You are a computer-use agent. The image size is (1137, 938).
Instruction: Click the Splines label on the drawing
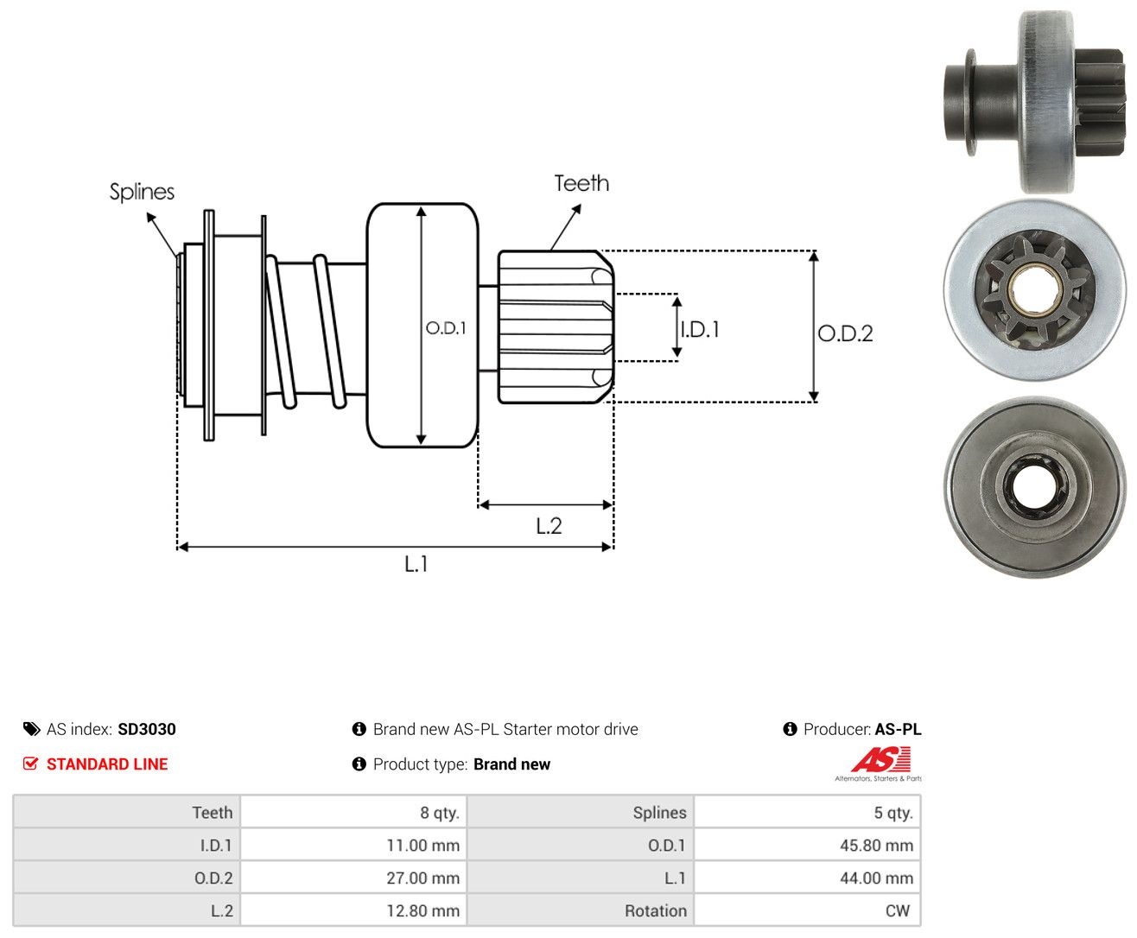pos(142,192)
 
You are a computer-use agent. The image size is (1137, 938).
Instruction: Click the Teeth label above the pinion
pos(581,183)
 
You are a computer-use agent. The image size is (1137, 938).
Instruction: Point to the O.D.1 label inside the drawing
pos(446,327)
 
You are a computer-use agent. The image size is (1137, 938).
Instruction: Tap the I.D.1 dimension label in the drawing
pos(701,329)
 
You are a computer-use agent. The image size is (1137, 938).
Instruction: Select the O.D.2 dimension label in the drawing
pos(845,333)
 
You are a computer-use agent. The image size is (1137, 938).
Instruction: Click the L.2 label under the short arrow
pos(549,526)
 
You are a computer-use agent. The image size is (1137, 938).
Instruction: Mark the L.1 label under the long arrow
pos(416,564)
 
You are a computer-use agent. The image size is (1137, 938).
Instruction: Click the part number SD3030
pos(147,729)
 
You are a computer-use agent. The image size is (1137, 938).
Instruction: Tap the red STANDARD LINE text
pos(107,764)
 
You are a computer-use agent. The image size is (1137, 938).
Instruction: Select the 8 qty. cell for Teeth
pos(353,812)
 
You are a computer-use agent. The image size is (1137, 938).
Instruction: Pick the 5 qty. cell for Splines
pos(807,812)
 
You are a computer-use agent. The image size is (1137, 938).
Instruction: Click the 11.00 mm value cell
pos(353,845)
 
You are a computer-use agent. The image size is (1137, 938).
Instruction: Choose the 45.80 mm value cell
pos(807,845)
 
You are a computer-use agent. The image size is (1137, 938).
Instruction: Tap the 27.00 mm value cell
pos(353,878)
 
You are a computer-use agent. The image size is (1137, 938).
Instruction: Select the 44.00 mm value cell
pos(807,878)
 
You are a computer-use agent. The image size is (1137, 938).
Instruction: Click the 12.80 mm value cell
pos(353,910)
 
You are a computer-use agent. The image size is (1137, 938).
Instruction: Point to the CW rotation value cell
pos(807,910)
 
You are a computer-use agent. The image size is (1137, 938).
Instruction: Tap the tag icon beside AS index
pos(32,729)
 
